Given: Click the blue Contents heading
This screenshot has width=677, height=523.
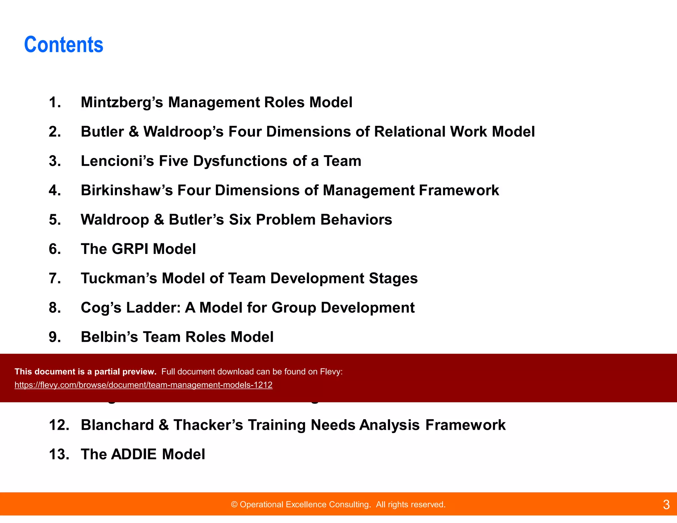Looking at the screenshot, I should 63,45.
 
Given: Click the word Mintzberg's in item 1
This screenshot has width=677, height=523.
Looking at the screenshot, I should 122,102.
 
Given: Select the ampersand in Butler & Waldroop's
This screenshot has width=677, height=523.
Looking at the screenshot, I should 134,132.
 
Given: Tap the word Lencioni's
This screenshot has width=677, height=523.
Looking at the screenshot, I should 117,161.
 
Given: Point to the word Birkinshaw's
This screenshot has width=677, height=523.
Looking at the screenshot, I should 127,190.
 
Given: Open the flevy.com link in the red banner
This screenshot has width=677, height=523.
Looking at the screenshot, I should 143,385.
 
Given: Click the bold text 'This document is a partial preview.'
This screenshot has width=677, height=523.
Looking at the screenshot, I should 85,372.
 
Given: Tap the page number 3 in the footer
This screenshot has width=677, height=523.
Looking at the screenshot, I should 666,504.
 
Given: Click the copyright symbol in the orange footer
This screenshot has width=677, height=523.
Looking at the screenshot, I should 234,504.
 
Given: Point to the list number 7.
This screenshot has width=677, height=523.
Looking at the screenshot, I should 55,278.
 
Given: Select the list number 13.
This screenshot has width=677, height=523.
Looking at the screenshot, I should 59,454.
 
